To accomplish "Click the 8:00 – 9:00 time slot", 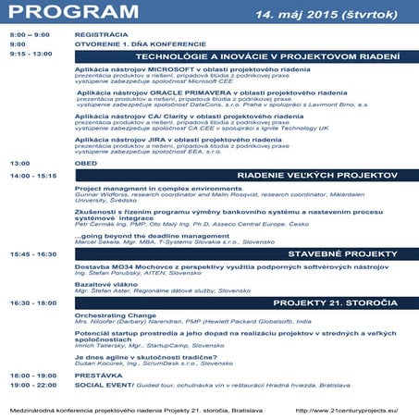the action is coord(29,33).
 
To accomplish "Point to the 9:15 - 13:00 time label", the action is coord(31,55).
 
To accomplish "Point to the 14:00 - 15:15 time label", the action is coord(33,175).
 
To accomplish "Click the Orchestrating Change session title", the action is coord(114,314).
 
